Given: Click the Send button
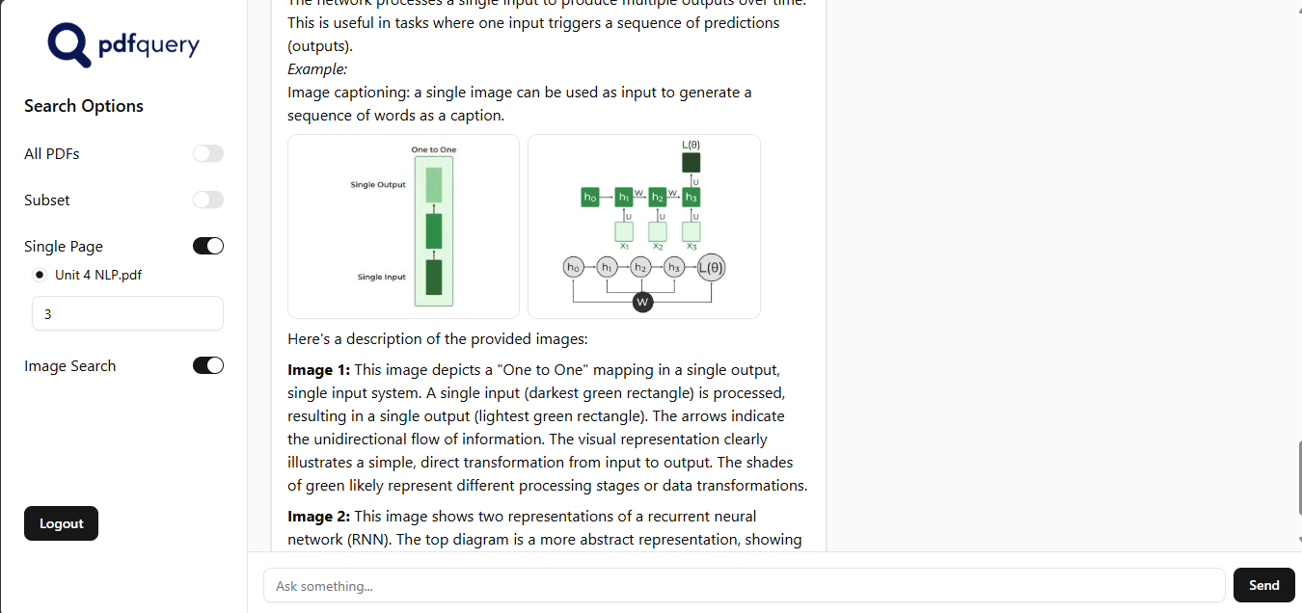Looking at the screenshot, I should (x=1263, y=585).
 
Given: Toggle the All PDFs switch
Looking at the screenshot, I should (x=208, y=154).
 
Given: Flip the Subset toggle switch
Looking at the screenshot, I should (x=208, y=200).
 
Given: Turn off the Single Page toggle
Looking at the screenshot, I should (x=208, y=247).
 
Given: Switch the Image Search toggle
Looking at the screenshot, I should (x=208, y=366).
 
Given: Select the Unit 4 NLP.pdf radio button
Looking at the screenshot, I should (x=40, y=275).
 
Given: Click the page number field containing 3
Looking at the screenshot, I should (x=127, y=314).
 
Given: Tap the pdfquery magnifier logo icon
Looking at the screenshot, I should (x=68, y=43).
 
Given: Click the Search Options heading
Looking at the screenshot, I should (x=84, y=106).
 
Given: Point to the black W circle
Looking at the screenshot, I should (x=642, y=303).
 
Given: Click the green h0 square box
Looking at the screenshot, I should (x=590, y=198).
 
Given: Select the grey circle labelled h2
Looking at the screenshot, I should (x=640, y=267).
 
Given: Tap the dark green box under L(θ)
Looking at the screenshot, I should (x=692, y=162).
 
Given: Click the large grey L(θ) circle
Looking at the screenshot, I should (x=711, y=267).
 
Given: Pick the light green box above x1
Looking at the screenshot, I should (x=624, y=231).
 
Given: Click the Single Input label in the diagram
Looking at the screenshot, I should (x=382, y=278).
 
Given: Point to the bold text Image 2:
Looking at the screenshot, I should (x=319, y=517).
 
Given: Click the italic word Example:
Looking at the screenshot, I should (x=317, y=69).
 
